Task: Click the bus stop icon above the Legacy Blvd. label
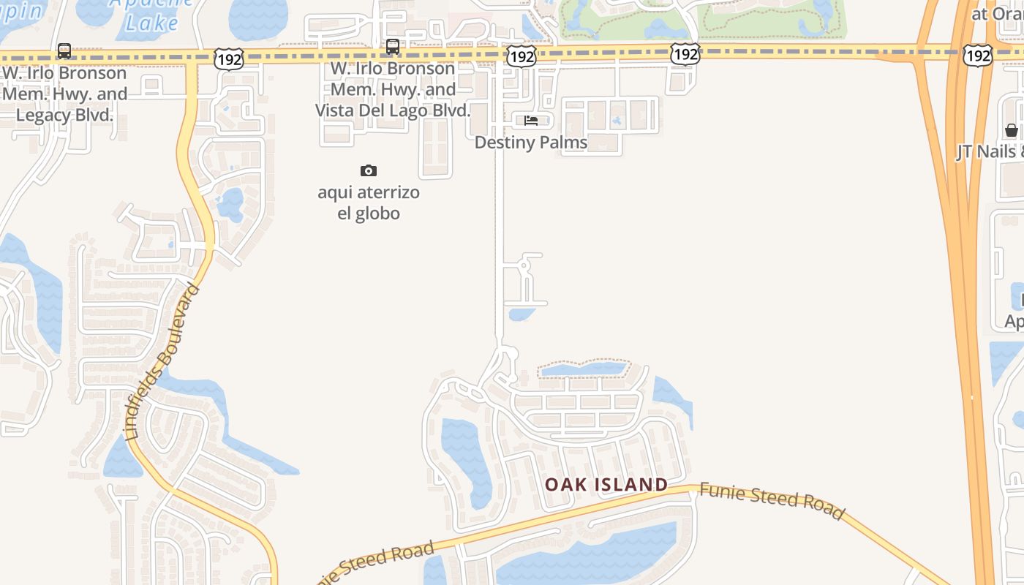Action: (x=64, y=51)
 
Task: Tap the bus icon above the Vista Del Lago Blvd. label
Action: (x=393, y=47)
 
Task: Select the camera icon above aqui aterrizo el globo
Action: (x=369, y=170)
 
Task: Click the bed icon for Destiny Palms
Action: (x=531, y=121)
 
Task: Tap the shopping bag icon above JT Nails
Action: (x=1012, y=130)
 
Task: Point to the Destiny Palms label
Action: (x=531, y=143)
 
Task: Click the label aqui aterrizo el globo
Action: (x=369, y=203)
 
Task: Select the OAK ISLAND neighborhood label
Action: (x=606, y=484)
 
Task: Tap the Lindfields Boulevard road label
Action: (x=163, y=361)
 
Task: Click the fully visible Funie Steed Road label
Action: (x=772, y=500)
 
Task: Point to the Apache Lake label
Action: (x=151, y=15)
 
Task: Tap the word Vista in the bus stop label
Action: (x=336, y=110)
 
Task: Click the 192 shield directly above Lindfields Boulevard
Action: (x=229, y=60)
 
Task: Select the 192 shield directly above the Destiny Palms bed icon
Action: (x=522, y=56)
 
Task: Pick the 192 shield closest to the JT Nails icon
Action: (x=978, y=55)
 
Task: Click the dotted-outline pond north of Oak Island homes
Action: (x=584, y=369)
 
